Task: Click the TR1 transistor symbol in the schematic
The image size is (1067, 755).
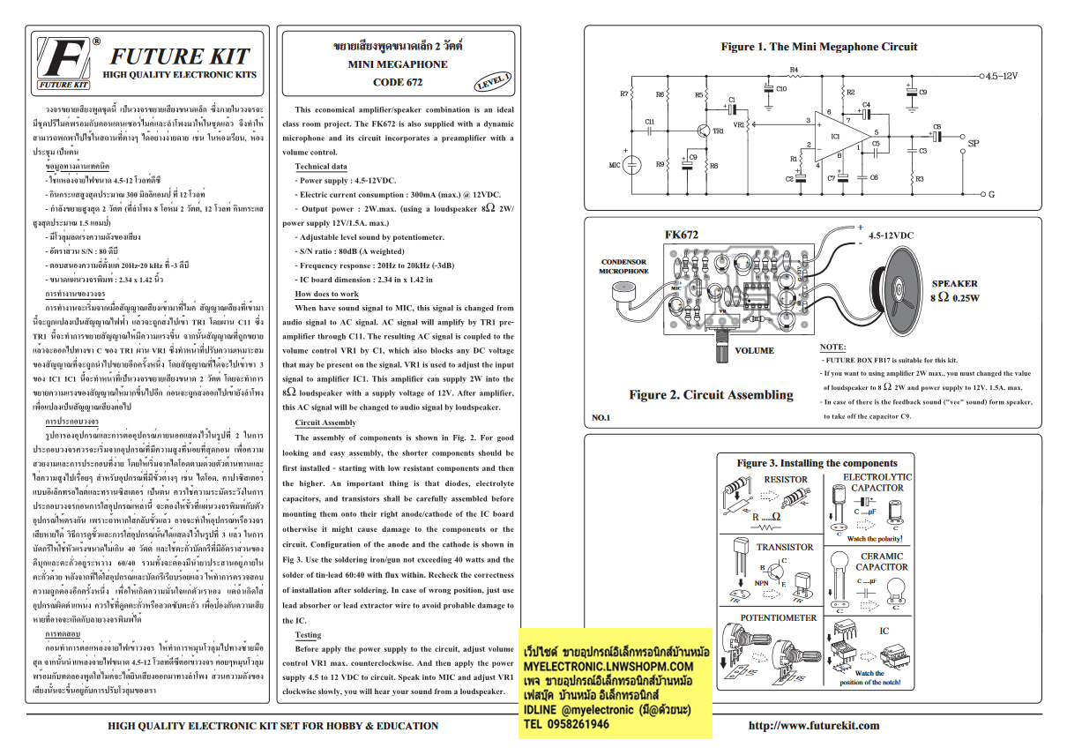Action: pos(703,131)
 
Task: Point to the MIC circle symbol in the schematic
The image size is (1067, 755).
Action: pos(632,165)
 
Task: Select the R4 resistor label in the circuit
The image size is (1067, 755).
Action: pos(794,69)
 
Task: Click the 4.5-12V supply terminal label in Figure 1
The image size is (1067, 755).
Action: pos(1002,77)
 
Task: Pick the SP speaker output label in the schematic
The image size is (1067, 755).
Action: pos(974,143)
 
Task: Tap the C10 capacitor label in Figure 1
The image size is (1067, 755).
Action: pos(781,89)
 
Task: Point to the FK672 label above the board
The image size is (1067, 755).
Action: pos(681,235)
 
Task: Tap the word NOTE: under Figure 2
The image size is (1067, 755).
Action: pos(832,348)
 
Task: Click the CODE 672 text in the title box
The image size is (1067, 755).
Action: pos(398,82)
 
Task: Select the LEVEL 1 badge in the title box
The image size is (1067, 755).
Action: pos(493,82)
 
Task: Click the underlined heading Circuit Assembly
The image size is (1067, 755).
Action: pos(325,422)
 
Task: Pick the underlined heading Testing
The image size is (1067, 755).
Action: pos(308,634)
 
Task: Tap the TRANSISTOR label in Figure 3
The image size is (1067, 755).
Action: pos(786,547)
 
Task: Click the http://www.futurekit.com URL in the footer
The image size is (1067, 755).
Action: pos(813,726)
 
